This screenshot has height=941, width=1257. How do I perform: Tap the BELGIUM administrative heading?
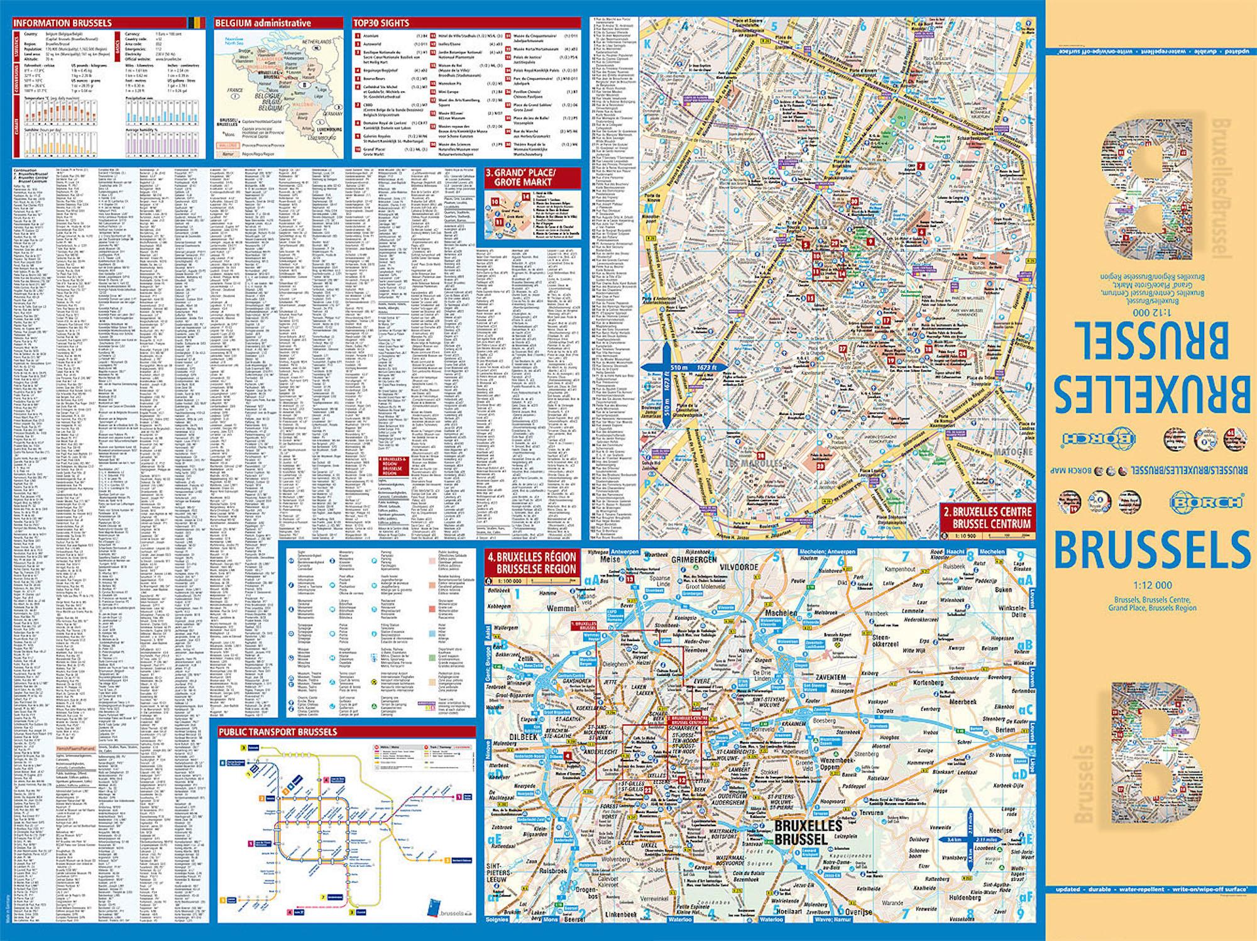263,23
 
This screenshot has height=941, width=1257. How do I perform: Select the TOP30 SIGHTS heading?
381,23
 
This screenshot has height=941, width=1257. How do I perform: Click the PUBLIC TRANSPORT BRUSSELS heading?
278,732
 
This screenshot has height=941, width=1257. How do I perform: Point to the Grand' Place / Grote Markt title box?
524,177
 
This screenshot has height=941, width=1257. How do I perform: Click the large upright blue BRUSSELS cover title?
1151,549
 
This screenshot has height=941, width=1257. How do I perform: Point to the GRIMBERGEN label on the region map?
694,559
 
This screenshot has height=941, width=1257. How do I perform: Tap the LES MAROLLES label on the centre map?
754,463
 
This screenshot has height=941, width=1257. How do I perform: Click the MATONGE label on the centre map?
1013,451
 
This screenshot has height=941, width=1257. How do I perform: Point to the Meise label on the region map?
610,559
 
